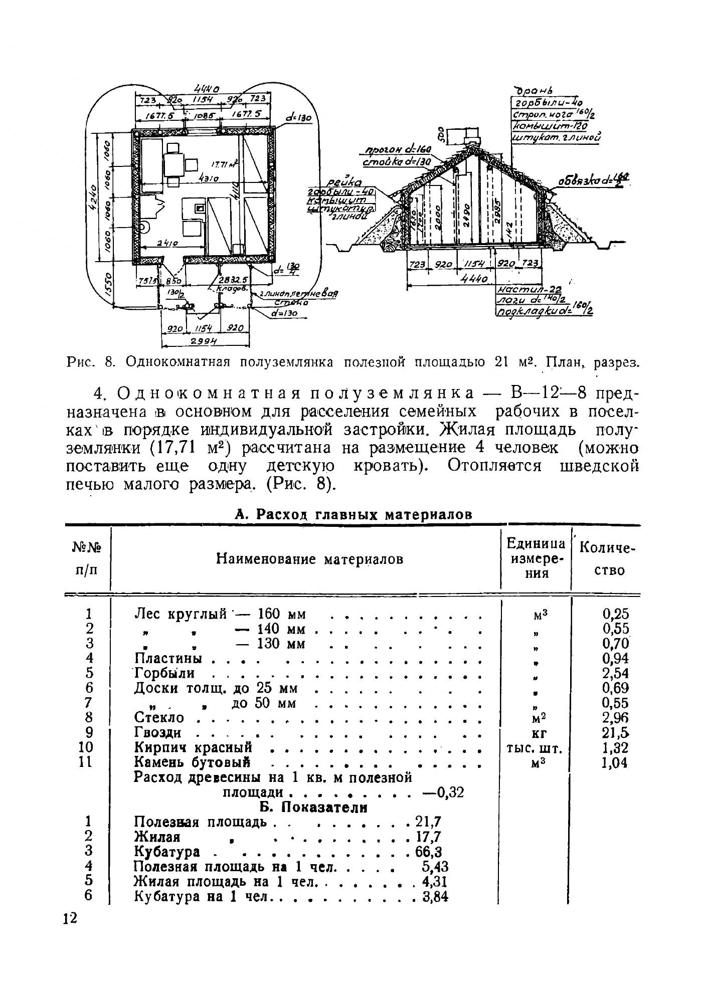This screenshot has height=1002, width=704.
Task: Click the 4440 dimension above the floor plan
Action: coord(204,90)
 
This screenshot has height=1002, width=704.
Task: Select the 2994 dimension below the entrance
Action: coord(206,342)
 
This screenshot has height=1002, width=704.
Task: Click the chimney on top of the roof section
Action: coord(470,135)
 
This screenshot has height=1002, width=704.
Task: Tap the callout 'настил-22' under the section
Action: coord(528,290)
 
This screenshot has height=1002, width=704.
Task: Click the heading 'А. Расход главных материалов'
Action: coord(354,514)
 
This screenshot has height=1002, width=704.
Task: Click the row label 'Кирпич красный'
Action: coord(193,747)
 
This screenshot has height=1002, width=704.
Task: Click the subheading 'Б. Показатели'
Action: coord(313,808)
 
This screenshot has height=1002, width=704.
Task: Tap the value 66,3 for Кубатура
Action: coord(429,852)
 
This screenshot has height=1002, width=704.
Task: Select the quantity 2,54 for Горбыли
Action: coord(615,673)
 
